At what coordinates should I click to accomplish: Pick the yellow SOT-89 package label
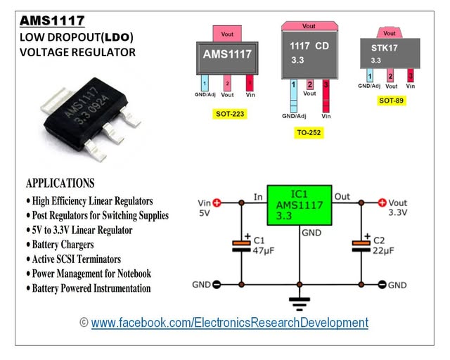(392, 101)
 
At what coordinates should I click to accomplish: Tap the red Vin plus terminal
(217, 202)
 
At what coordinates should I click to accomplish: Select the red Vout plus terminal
(382, 202)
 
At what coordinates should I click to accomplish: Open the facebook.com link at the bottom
(229, 323)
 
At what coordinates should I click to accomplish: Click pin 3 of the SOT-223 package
(249, 83)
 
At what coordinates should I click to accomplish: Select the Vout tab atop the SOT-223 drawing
(227, 33)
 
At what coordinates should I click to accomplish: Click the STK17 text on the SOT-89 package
(385, 49)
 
